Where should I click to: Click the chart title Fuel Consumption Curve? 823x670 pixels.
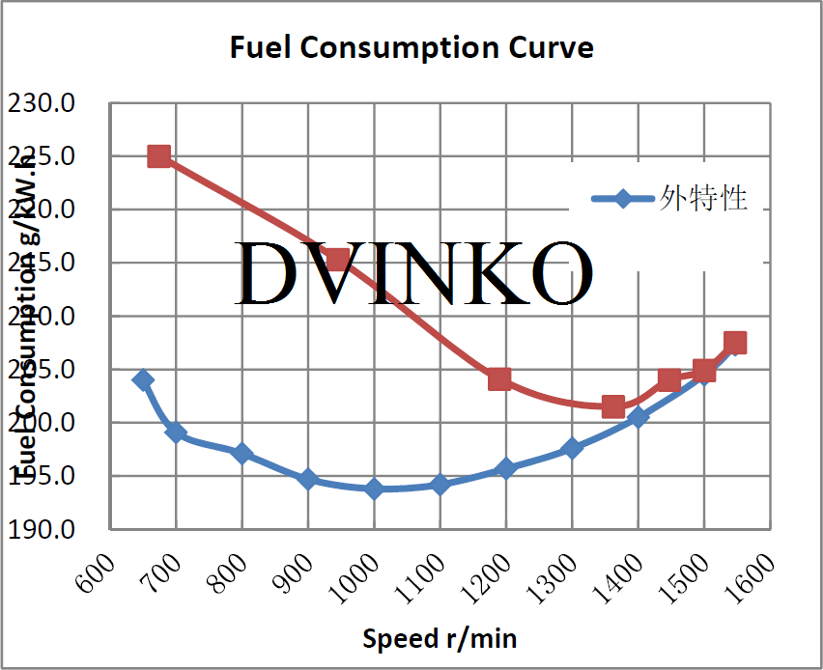411,46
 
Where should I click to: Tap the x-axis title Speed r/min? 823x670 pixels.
440,637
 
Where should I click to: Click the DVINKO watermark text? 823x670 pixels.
413,273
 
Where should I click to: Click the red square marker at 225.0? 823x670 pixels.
159,156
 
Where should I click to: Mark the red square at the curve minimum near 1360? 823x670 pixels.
612,406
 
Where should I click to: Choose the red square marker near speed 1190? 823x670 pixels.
499,378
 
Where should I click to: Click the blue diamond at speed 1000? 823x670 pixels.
374,489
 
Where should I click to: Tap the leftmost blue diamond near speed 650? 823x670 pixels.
144,379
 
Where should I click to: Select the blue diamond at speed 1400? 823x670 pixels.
638,417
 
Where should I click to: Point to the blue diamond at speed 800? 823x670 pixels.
242,453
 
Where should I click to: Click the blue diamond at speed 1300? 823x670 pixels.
572,448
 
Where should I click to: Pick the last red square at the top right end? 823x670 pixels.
735,343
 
